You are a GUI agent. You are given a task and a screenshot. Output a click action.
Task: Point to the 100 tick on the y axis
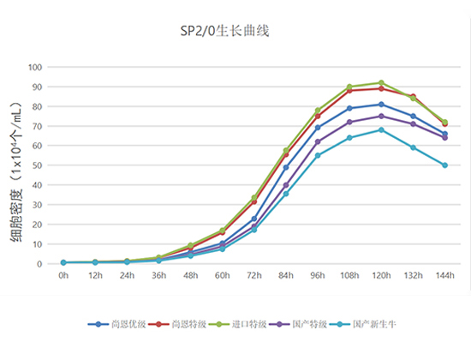[36, 67]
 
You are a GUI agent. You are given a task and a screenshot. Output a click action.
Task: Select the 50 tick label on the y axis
[39, 165]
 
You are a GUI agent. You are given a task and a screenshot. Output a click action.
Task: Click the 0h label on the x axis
[63, 276]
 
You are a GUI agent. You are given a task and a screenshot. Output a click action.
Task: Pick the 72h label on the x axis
[254, 276]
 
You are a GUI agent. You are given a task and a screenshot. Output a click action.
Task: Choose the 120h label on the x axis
[381, 276]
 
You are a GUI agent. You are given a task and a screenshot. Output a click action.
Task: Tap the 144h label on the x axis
[444, 276]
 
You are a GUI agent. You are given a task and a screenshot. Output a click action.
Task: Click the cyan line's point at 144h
[444, 165]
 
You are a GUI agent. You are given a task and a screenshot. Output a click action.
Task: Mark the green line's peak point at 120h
[381, 83]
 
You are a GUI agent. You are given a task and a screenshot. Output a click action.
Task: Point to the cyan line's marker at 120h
[381, 130]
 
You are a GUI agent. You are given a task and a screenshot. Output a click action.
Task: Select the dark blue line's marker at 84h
[286, 168]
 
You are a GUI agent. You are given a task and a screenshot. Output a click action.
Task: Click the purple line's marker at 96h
[318, 141]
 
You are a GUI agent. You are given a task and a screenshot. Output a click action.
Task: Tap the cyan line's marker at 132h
[413, 147]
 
